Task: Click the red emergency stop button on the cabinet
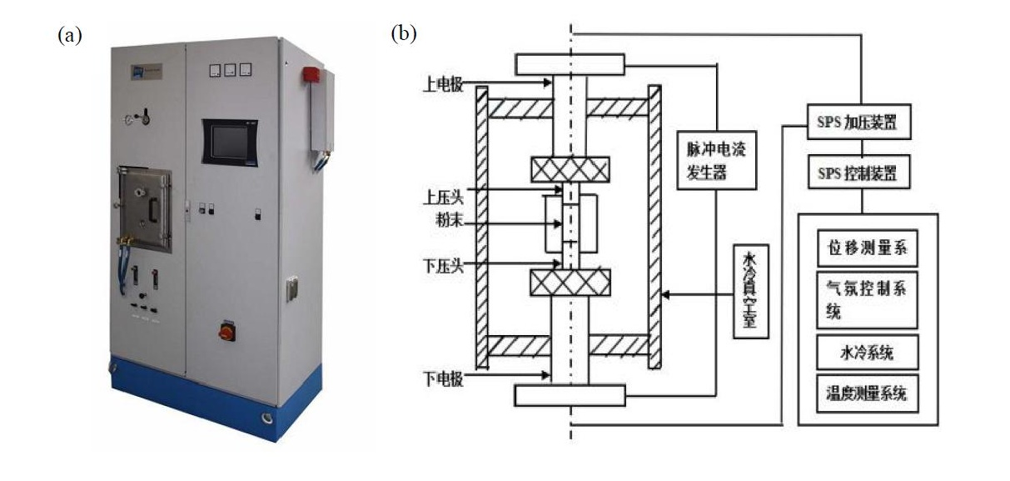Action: [226, 330]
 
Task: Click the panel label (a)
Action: [70, 35]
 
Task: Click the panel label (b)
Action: [404, 33]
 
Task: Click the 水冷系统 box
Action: [867, 353]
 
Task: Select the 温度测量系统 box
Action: [867, 393]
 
